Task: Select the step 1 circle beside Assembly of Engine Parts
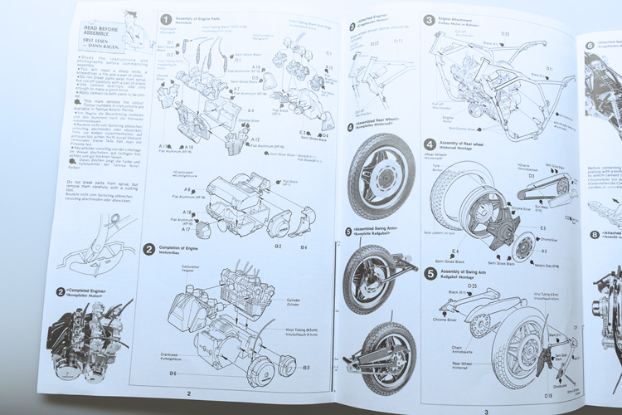(x=166, y=19)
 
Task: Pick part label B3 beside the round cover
(x=306, y=367)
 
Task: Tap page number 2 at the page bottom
(x=188, y=395)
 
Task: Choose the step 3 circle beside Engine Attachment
(x=429, y=19)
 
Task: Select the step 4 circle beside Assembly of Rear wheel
(x=430, y=144)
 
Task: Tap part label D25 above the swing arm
(x=472, y=286)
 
